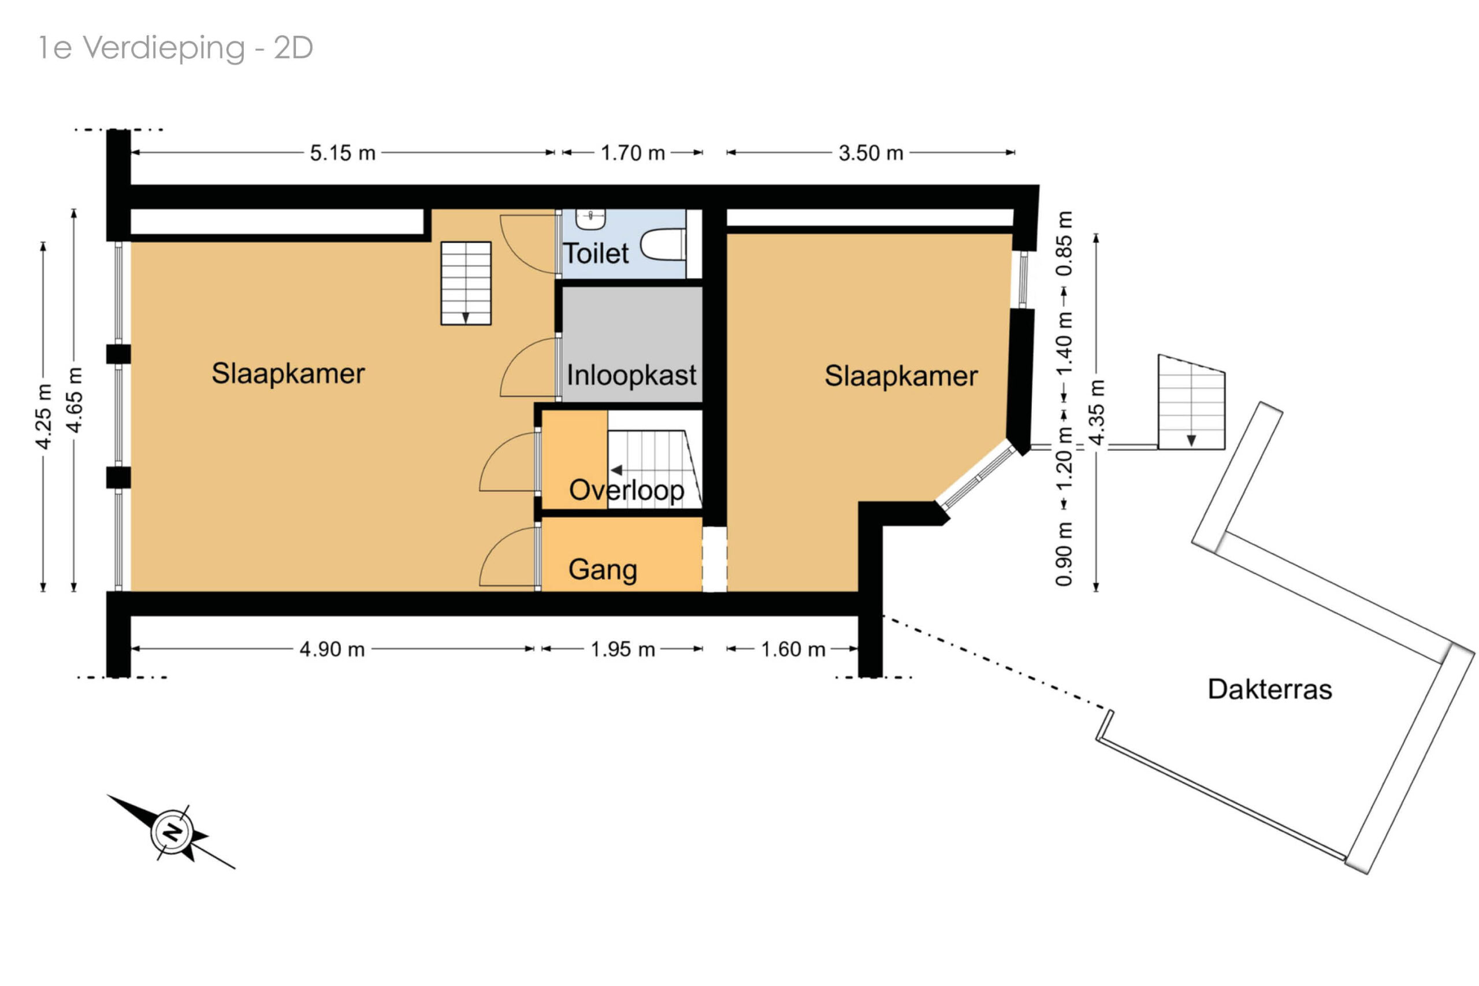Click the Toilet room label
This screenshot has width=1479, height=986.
(594, 253)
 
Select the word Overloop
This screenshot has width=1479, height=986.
(626, 491)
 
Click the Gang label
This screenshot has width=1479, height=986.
(603, 570)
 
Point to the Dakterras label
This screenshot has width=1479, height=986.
(1269, 689)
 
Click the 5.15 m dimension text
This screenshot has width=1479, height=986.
(343, 153)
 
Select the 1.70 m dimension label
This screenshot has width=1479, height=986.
(633, 153)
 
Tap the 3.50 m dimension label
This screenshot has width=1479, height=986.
(871, 153)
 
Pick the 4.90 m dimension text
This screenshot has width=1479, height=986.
(332, 649)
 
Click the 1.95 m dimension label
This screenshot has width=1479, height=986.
(622, 649)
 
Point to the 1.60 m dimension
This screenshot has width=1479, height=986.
(793, 649)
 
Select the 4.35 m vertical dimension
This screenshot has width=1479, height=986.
(1096, 413)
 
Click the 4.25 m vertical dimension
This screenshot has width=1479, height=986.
(43, 416)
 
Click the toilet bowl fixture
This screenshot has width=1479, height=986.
(663, 245)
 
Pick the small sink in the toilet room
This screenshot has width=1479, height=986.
(590, 219)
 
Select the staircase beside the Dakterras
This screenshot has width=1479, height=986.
(1191, 402)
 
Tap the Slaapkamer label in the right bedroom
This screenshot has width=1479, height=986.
(901, 376)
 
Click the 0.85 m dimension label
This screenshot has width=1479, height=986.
(1064, 243)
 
